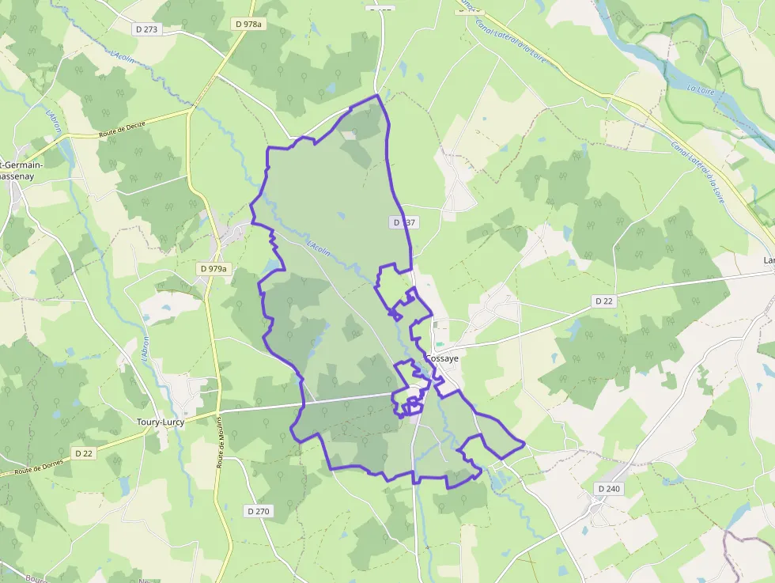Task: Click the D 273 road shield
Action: pyautogui.click(x=146, y=29)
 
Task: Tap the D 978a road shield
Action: pyautogui.click(x=248, y=25)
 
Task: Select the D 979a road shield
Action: pyautogui.click(x=213, y=269)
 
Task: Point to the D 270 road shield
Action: pyautogui.click(x=258, y=511)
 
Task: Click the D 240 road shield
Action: pyautogui.click(x=609, y=489)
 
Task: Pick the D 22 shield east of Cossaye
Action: pyautogui.click(x=603, y=301)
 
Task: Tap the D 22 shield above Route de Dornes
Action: pyautogui.click(x=84, y=453)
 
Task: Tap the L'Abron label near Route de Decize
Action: pyautogui.click(x=54, y=123)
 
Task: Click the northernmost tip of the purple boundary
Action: pyautogui.click(x=377, y=96)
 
